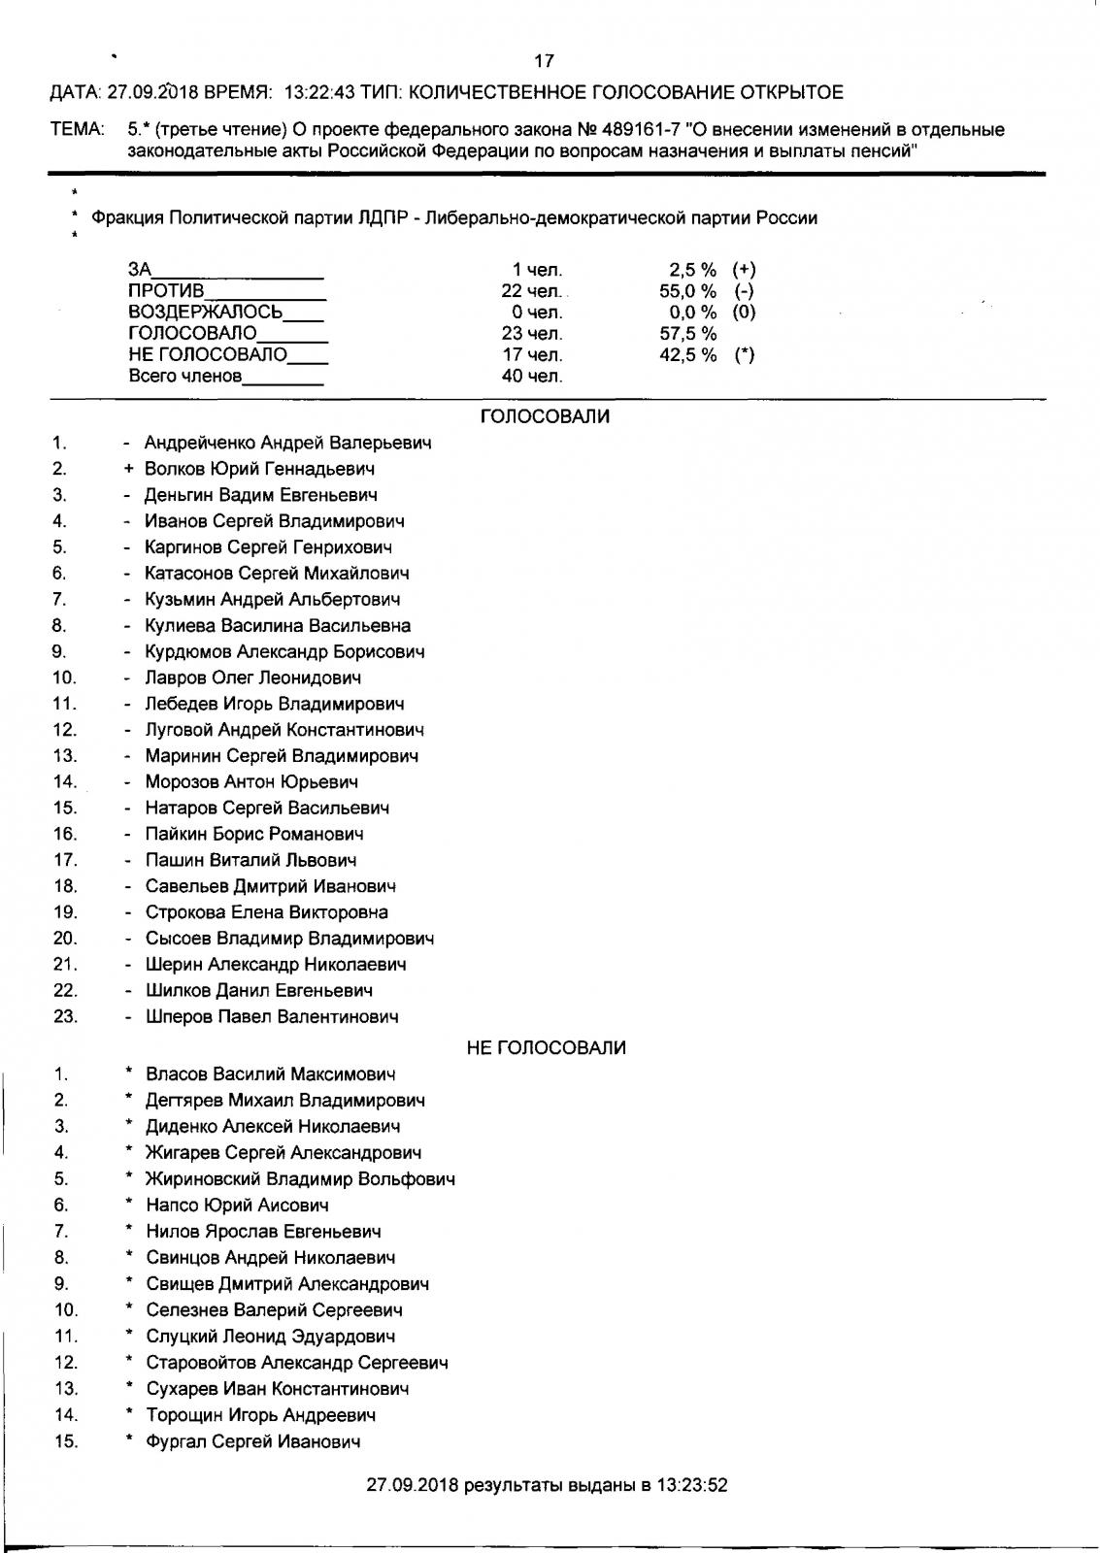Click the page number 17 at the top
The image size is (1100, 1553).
tap(544, 61)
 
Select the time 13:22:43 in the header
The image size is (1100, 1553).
tap(319, 93)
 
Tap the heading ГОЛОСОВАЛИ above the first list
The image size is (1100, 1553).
tap(545, 416)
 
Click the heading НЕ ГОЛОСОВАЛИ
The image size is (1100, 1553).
tap(546, 1047)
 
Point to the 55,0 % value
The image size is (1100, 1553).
tap(687, 291)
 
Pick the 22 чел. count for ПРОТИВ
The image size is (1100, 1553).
tap(531, 291)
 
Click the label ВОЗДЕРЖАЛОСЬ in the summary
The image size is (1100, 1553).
tap(206, 313)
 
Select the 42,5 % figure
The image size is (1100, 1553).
tap(687, 355)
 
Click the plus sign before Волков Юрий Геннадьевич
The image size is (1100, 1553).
tap(128, 469)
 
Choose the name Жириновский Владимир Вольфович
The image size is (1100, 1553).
tap(300, 1179)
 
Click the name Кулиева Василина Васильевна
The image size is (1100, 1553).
tap(278, 626)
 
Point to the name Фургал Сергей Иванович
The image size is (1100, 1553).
tap(253, 1441)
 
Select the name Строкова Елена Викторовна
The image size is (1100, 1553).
tap(267, 912)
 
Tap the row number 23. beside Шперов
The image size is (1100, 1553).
tap(65, 1017)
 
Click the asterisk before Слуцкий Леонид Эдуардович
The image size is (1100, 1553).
tap(128, 1335)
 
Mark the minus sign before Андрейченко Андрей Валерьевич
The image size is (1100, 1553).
tap(127, 443)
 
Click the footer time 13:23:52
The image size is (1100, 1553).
tap(692, 1485)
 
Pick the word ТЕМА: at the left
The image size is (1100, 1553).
tap(77, 129)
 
